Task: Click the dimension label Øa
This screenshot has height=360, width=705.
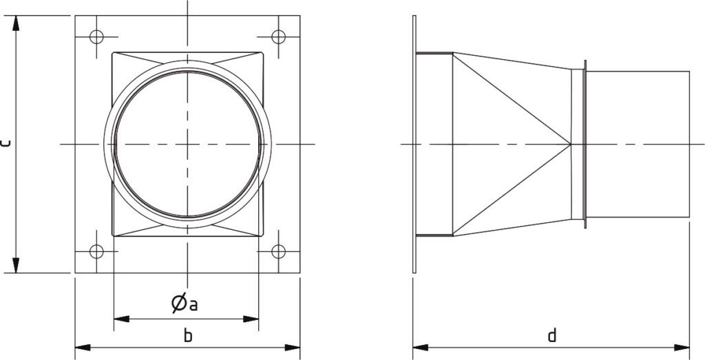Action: [x=185, y=304]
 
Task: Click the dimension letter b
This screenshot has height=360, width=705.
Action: [x=189, y=335]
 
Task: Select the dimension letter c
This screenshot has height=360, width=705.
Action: [x=5, y=144]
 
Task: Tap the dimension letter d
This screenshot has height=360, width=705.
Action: [x=552, y=335]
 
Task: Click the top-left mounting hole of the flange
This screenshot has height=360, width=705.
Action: [x=96, y=37]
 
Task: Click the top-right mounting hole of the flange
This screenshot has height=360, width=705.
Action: [x=278, y=37]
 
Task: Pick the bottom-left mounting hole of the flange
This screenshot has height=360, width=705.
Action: [x=96, y=251]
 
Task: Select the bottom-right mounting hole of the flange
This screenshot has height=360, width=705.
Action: [x=278, y=251]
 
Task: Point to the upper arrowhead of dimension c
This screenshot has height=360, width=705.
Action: [x=17, y=23]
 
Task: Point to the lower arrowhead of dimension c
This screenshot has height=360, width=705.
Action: [x=17, y=265]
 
